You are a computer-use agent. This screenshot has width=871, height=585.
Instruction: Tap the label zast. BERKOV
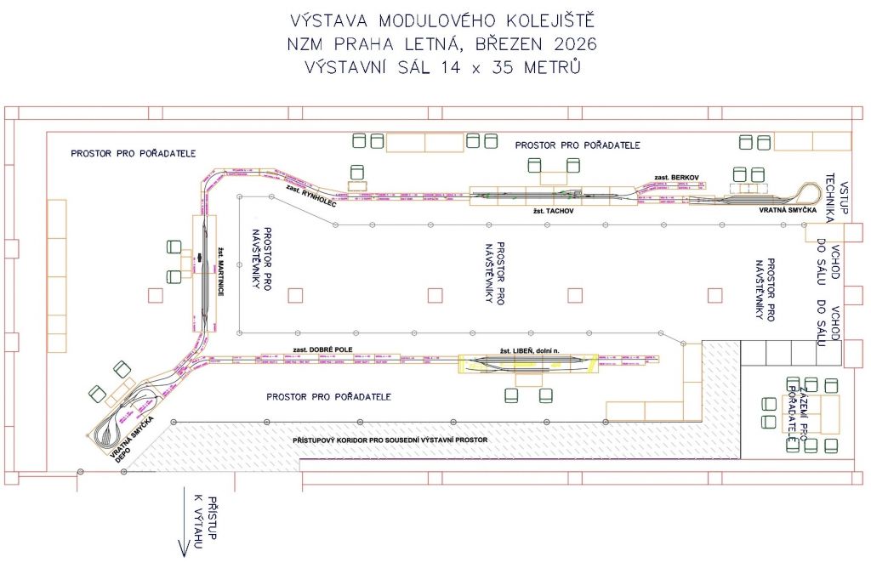point(676,177)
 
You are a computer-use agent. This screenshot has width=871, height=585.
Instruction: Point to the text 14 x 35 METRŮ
point(510,67)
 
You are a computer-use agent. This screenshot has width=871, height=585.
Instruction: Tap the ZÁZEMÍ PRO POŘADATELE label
point(795,408)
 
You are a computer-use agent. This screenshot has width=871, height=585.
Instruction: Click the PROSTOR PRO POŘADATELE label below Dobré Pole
point(328,396)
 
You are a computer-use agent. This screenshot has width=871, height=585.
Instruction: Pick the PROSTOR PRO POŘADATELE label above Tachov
point(578,145)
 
